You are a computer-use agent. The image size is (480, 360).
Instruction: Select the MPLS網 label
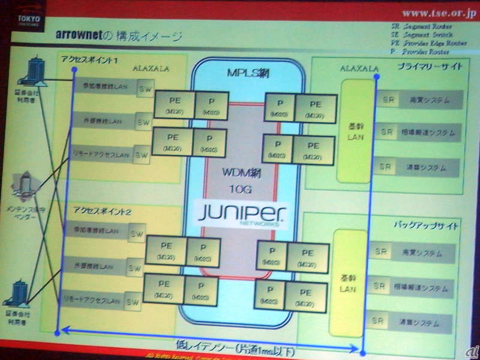pyautogui.click(x=245, y=74)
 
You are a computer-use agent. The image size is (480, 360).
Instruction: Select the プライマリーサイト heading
pyautogui.click(x=429, y=66)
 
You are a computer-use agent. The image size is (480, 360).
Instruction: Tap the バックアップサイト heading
pyautogui.click(x=425, y=226)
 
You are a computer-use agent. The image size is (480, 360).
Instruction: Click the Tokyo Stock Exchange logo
pyautogui.click(x=28, y=22)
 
